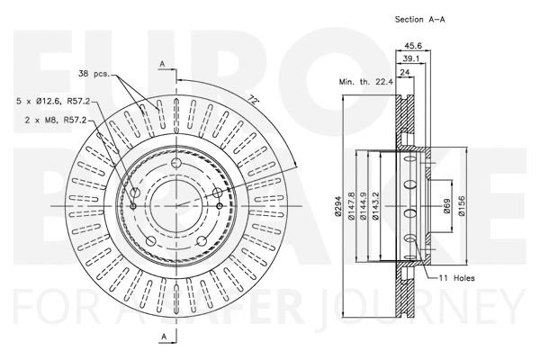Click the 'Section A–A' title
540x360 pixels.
(419, 19)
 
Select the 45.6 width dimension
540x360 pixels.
(415, 45)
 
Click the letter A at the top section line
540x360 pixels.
(162, 63)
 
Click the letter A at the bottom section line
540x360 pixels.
(162, 337)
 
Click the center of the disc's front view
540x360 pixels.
(177, 205)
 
